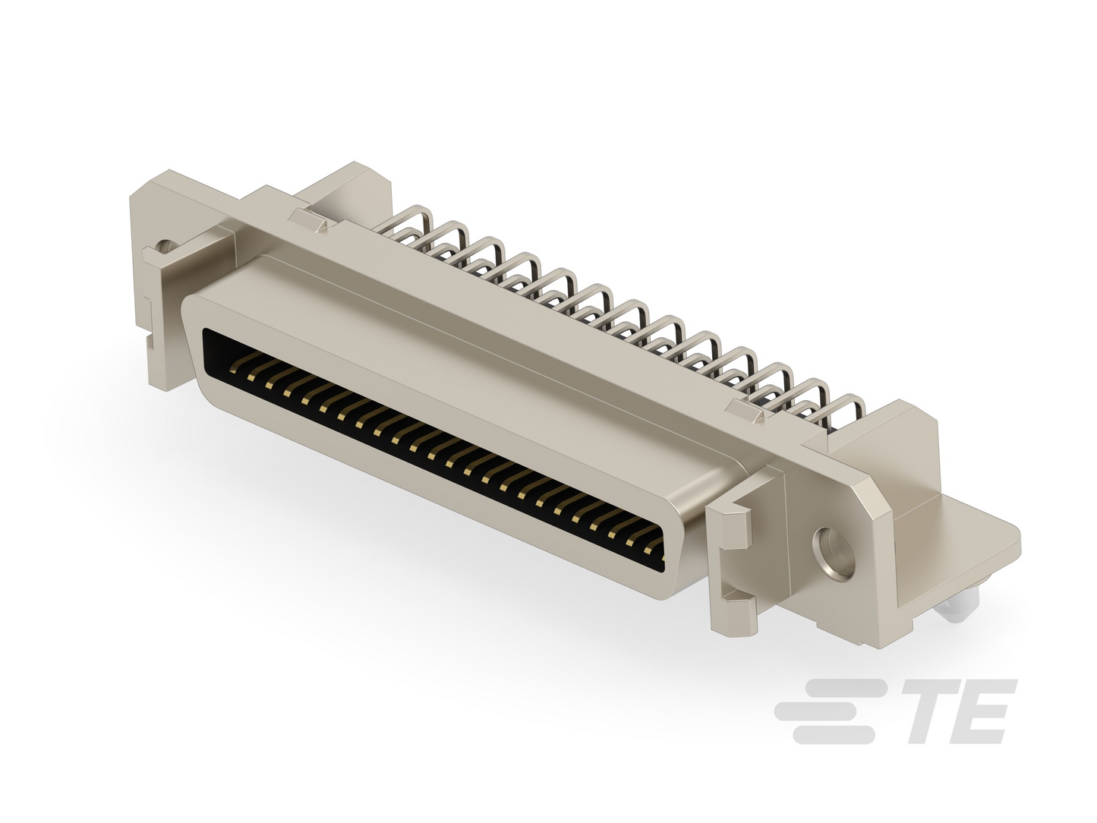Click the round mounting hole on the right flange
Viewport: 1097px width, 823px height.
coord(833,553)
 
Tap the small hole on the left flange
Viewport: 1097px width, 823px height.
coord(165,246)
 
